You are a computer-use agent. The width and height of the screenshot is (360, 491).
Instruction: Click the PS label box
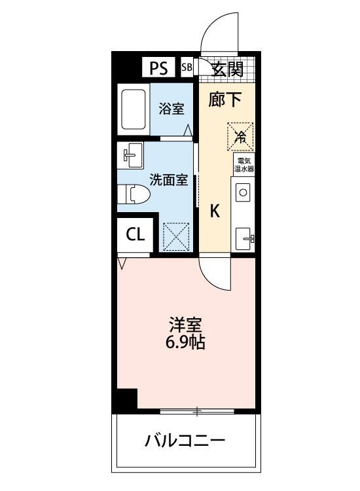158,67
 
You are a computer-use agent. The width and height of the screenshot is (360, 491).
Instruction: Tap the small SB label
186,67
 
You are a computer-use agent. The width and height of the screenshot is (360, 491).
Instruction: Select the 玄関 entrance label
227,68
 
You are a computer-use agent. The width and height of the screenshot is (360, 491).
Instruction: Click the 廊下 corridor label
225,100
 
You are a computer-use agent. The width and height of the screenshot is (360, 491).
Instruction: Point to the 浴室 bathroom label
171,109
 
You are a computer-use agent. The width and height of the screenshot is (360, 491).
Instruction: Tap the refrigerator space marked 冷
240,136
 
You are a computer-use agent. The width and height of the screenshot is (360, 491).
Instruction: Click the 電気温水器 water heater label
245,164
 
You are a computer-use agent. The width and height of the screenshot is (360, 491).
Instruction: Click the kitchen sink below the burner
244,236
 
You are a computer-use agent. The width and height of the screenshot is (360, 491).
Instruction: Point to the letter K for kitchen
215,211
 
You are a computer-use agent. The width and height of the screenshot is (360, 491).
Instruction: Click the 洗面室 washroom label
170,179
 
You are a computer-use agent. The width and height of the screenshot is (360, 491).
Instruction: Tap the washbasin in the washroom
130,155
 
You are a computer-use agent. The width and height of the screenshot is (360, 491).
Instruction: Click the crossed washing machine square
175,236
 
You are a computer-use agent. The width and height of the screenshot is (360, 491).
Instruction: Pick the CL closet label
135,235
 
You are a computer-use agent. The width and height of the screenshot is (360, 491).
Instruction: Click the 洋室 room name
186,325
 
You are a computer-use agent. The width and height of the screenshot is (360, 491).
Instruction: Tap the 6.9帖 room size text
186,342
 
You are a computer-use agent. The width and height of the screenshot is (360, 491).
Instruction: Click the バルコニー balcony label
185,440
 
